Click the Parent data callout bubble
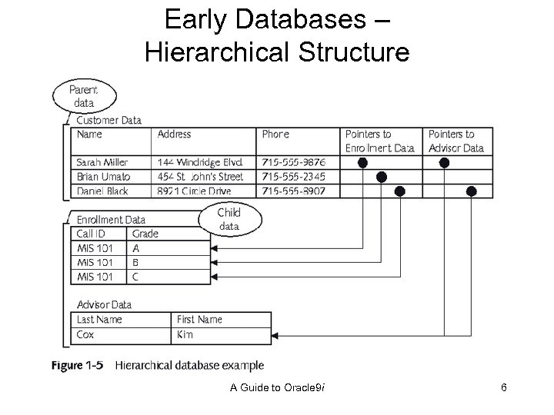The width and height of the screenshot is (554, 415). click(85, 96)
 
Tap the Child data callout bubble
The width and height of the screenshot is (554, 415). click(229, 219)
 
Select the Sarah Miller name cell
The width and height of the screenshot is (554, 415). click(102, 162)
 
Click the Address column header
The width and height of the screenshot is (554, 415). click(175, 134)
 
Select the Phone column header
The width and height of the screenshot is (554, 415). click(275, 134)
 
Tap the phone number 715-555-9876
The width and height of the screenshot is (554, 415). click(293, 162)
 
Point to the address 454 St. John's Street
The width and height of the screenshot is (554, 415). click(200, 177)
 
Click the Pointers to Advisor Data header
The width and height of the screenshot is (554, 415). click(456, 141)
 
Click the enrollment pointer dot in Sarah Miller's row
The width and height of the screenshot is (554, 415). click(362, 162)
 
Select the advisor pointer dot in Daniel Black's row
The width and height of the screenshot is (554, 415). click(472, 191)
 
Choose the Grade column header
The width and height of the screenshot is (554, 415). click(145, 234)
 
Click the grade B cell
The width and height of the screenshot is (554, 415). click(136, 262)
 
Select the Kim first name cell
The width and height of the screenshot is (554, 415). click(185, 334)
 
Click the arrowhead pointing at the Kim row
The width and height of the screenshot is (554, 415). click(276, 334)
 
